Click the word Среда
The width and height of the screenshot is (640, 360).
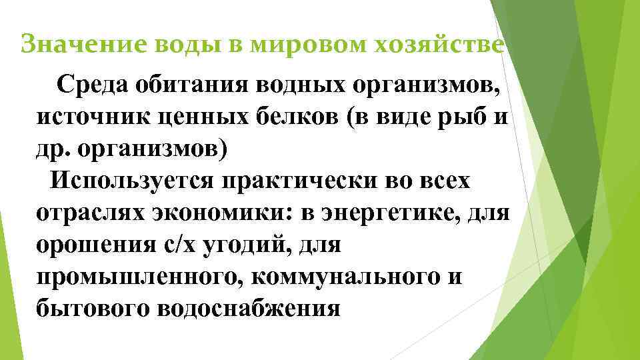[93, 85]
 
